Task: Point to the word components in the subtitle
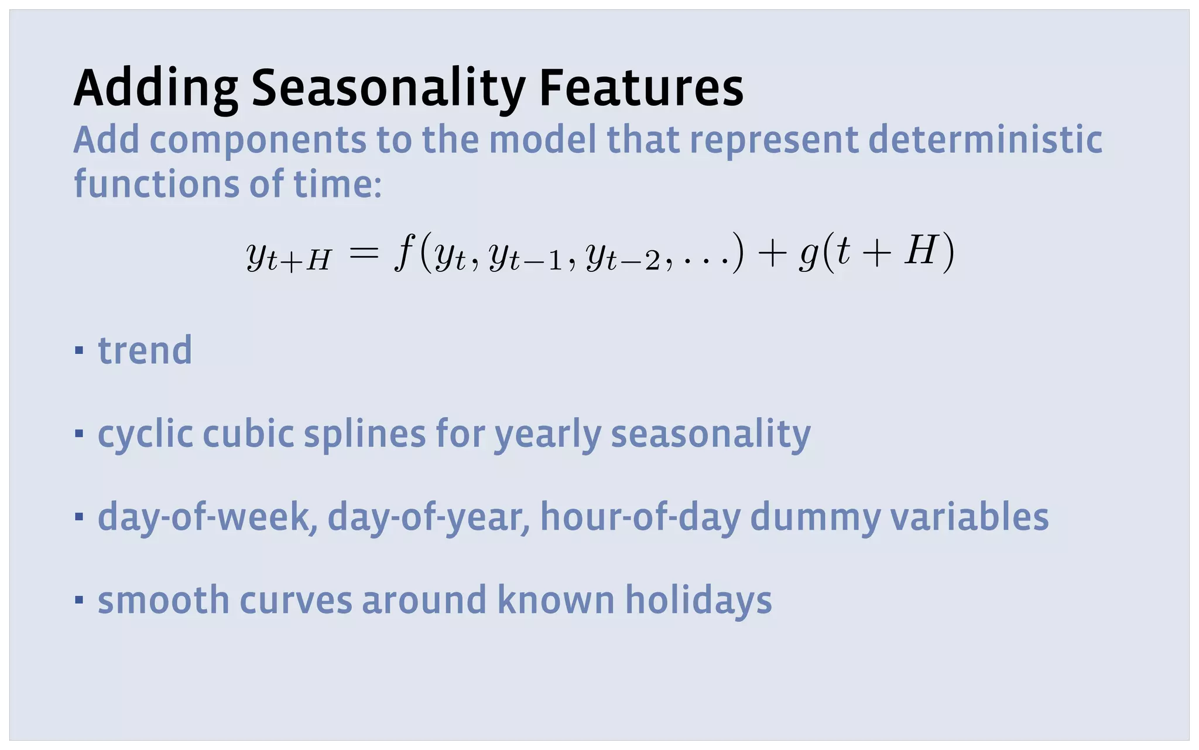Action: [258, 141]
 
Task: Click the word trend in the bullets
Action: [145, 350]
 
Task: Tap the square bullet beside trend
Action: [79, 351]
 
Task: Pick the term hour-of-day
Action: [640, 517]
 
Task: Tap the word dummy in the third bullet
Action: [814, 519]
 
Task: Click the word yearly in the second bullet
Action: [547, 435]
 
